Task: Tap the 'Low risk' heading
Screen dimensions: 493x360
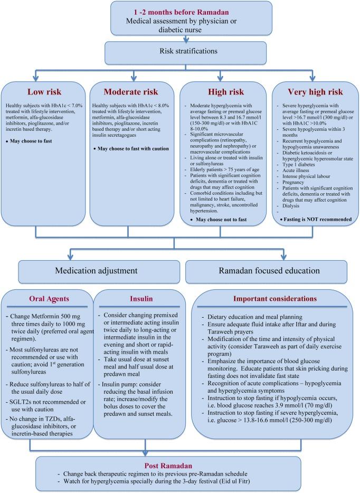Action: pyautogui.click(x=45, y=91)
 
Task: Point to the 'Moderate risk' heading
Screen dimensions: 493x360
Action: pyautogui.click(x=134, y=91)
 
